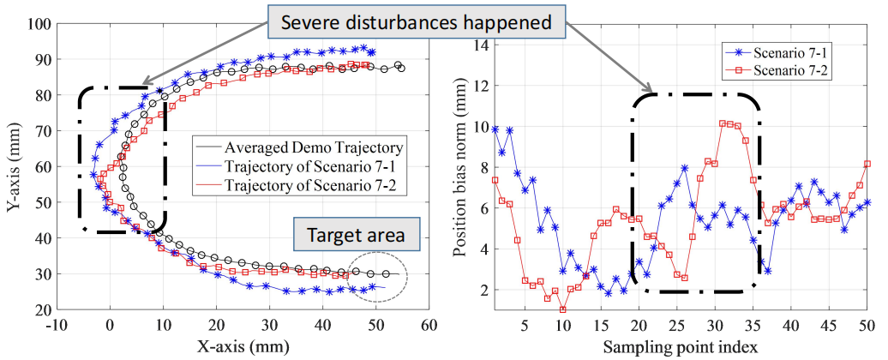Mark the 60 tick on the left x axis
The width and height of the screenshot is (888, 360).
point(429,326)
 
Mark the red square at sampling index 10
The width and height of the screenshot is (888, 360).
point(562,309)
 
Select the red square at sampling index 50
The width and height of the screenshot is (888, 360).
point(867,164)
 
